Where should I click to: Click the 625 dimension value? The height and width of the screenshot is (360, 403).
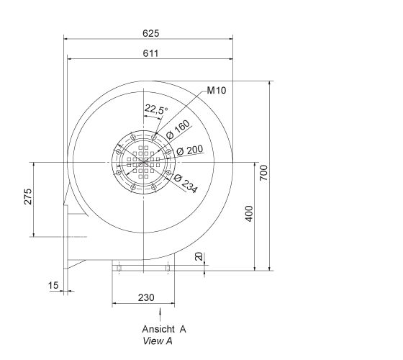(x=150, y=32)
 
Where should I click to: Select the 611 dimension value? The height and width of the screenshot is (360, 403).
(x=150, y=53)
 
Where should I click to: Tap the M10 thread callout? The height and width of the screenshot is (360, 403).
(x=216, y=91)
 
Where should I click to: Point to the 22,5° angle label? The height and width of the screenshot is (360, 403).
(x=155, y=109)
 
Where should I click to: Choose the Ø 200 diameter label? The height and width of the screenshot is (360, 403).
(x=189, y=150)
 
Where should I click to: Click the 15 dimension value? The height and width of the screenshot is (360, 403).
(x=53, y=286)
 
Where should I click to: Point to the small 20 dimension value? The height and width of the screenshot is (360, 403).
(x=199, y=257)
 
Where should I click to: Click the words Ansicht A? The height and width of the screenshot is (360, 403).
(x=164, y=329)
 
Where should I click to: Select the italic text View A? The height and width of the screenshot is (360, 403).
(x=158, y=341)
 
